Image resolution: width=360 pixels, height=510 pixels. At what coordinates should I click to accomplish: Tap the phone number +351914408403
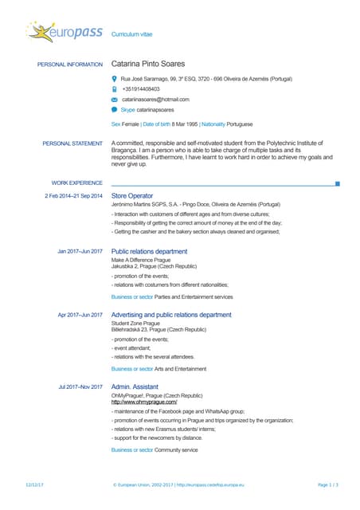click(x=141, y=89)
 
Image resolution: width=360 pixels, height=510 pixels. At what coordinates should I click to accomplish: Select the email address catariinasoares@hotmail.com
click(x=155, y=100)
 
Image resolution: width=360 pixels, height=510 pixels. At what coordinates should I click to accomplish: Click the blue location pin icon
click(x=115, y=79)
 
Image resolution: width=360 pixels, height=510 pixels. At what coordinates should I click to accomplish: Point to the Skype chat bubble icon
click(x=115, y=109)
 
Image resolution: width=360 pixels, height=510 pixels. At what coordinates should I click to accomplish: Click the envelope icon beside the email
click(x=115, y=100)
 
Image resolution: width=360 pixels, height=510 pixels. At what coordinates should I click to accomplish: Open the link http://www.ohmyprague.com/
click(x=145, y=402)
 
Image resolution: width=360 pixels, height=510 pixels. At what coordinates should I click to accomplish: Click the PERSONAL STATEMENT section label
click(x=72, y=143)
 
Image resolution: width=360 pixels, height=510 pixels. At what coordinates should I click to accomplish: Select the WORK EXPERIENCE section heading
click(x=77, y=182)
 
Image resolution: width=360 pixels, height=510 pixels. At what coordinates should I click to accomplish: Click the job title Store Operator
click(x=132, y=195)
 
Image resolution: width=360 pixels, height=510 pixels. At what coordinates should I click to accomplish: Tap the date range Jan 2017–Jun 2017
click(x=80, y=251)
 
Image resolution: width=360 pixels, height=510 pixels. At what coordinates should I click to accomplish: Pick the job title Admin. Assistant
click(x=135, y=386)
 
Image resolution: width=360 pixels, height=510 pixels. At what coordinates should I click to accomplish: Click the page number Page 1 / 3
click(x=328, y=484)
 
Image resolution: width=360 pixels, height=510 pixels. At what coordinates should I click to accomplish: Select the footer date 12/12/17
click(x=34, y=484)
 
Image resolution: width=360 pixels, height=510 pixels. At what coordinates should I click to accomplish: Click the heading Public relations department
click(x=149, y=251)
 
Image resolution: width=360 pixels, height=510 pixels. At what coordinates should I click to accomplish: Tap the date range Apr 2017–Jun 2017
click(x=80, y=315)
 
